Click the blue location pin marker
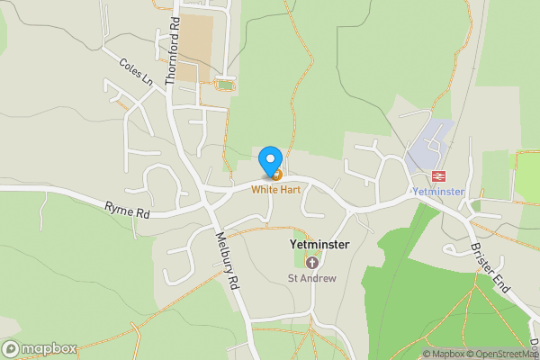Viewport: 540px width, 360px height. pyautogui.click(x=269, y=161)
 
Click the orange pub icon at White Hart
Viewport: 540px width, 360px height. pyautogui.click(x=276, y=174)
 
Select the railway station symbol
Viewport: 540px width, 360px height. pyautogui.click(x=440, y=176)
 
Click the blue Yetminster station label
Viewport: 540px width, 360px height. pyautogui.click(x=437, y=193)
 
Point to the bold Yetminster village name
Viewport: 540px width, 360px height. pyautogui.click(x=313, y=244)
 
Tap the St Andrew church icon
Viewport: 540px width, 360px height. pyautogui.click(x=312, y=263)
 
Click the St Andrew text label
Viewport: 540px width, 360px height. pyautogui.click(x=312, y=278)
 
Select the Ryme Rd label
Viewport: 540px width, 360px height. pyautogui.click(x=127, y=212)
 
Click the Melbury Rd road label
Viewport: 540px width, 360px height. pyautogui.click(x=227, y=262)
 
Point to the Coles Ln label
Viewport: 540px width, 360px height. pyautogui.click(x=137, y=73)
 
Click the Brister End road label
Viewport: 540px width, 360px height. pyautogui.click(x=491, y=267)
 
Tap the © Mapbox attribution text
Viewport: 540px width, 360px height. pyautogui.click(x=444, y=354)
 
